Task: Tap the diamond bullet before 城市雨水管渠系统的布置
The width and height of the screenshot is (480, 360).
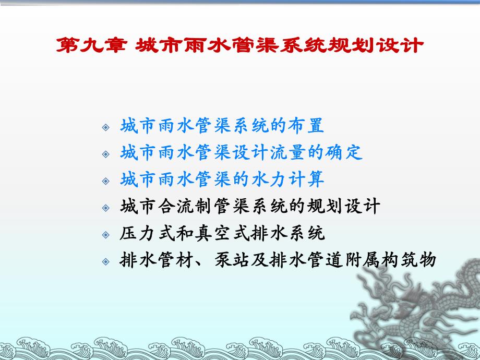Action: [106, 127]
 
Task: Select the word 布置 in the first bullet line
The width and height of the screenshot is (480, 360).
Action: [307, 126]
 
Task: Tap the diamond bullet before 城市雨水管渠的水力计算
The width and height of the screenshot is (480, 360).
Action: [106, 181]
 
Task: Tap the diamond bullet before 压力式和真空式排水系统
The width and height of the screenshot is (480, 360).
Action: [106, 234]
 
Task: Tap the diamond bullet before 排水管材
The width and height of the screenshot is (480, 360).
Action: [106, 260]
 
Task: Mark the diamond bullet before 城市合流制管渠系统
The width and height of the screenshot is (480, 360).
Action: [106, 207]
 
